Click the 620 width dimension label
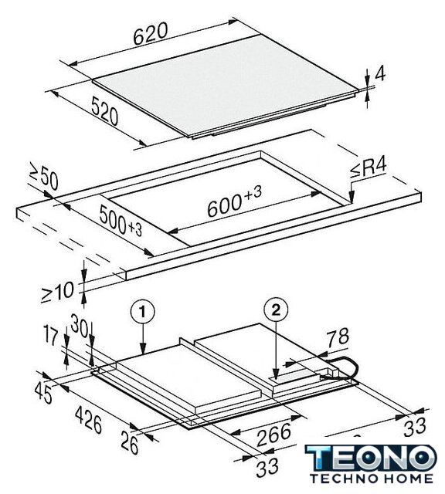tap(150, 34)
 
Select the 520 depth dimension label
tap(105, 111)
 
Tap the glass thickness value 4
tap(380, 75)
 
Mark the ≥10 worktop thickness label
tap(58, 292)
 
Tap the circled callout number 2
tap(276, 310)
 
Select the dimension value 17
tap(52, 337)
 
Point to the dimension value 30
tap(79, 326)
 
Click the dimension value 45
tap(43, 394)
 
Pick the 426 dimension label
tap(89, 420)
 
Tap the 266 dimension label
tap(273, 435)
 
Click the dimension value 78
tap(337, 337)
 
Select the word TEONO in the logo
tap(371, 458)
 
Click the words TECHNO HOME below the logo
tap(371, 479)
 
